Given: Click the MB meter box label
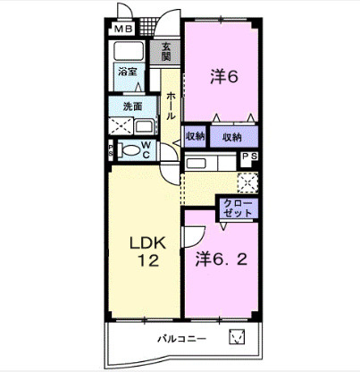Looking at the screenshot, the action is (123, 30).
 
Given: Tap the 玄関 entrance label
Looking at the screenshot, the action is (166, 51).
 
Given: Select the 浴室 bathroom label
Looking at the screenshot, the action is (127, 72).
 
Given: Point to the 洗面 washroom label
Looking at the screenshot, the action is (132, 106).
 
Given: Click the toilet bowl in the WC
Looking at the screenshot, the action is (130, 149).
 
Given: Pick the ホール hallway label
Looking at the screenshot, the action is (171, 106).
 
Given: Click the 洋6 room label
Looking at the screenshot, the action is (224, 77).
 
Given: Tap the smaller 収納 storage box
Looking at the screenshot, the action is (195, 137).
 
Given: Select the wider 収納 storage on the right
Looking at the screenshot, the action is (234, 137).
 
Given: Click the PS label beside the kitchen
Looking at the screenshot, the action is (249, 156).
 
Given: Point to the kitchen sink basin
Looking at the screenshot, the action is (196, 164).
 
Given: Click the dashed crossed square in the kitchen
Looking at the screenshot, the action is (247, 182).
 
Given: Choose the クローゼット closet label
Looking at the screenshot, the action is (238, 208).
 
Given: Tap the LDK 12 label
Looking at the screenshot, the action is (148, 252).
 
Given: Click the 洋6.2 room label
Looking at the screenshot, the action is (222, 259).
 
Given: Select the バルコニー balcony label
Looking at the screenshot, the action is (181, 339).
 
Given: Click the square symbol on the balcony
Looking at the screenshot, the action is (238, 336).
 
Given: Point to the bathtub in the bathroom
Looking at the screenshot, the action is (129, 51).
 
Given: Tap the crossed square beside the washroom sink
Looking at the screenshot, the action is (121, 126).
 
